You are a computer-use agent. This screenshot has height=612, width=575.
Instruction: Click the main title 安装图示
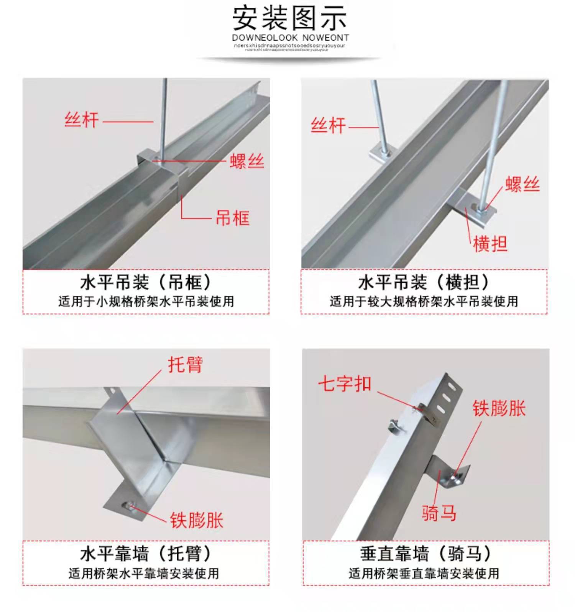(290, 18)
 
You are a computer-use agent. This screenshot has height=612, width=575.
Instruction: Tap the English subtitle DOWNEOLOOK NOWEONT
(290, 38)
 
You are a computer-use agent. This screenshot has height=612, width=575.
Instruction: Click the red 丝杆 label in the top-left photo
(81, 120)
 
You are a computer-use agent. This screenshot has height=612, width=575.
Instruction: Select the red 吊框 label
(232, 218)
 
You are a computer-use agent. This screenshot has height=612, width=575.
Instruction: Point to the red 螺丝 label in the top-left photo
(247, 161)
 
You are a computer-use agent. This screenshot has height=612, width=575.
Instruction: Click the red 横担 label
(490, 244)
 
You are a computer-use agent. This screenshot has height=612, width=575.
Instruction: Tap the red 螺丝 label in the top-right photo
(522, 184)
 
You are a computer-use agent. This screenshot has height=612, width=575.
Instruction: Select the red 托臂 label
(185, 364)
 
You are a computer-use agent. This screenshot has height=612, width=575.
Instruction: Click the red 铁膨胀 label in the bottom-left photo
(197, 520)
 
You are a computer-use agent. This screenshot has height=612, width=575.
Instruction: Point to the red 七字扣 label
(345, 383)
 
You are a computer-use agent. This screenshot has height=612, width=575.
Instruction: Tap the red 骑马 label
(439, 513)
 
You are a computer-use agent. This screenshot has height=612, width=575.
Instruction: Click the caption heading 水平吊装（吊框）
(146, 283)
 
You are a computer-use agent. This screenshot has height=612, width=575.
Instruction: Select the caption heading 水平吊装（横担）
(424, 283)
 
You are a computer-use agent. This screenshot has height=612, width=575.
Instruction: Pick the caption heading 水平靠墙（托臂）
(146, 553)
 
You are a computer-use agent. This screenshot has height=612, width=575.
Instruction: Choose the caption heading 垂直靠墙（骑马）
(426, 553)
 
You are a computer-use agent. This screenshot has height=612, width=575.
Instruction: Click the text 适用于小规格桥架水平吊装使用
(146, 302)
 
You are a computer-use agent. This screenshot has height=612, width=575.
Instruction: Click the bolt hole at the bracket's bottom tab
(128, 507)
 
